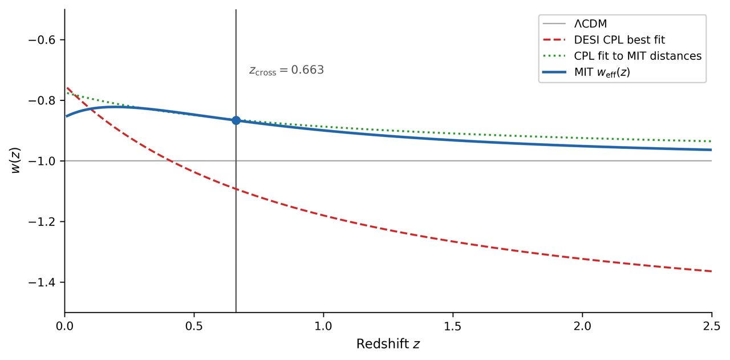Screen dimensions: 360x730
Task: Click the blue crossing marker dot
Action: (236, 120)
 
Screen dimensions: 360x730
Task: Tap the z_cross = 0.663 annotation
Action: (286, 70)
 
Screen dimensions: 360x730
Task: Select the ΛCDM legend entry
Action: (590, 24)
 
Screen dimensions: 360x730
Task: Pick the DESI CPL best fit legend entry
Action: (619, 40)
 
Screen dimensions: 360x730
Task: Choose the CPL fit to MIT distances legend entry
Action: (637, 56)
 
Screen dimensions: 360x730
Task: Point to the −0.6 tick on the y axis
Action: (44, 40)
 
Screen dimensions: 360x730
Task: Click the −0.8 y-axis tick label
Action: (44, 100)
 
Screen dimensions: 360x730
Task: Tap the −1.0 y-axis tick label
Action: (44, 161)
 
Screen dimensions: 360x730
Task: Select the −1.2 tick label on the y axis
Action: (44, 221)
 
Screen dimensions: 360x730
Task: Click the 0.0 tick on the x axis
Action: (65, 326)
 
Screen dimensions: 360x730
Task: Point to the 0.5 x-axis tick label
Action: (194, 326)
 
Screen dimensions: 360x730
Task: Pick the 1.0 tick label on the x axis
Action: (323, 326)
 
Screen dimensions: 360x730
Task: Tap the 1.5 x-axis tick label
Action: (453, 326)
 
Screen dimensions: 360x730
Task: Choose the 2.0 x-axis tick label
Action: (582, 326)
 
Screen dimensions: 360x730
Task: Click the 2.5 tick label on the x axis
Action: (711, 326)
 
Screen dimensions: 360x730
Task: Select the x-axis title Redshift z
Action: (388, 344)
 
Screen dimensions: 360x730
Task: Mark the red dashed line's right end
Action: (711, 271)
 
